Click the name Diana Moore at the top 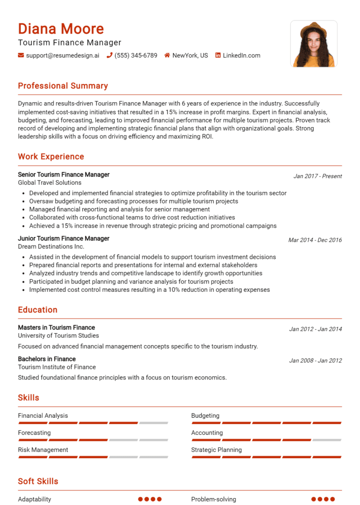61,29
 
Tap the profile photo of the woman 314,44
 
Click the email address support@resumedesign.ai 63,55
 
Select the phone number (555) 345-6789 136,55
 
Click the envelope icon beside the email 21,55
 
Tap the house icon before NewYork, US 167,55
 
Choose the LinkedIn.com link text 241,55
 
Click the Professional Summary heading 63,86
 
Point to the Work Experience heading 51,156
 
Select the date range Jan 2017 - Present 317,176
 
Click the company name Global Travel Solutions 50,183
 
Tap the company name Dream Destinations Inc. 51,246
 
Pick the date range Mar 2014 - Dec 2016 315,240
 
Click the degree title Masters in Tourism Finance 56,327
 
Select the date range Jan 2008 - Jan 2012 315,361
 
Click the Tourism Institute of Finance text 57,367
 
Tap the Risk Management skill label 43,450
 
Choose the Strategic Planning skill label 217,450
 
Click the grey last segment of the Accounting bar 327,440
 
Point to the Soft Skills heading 38,481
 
